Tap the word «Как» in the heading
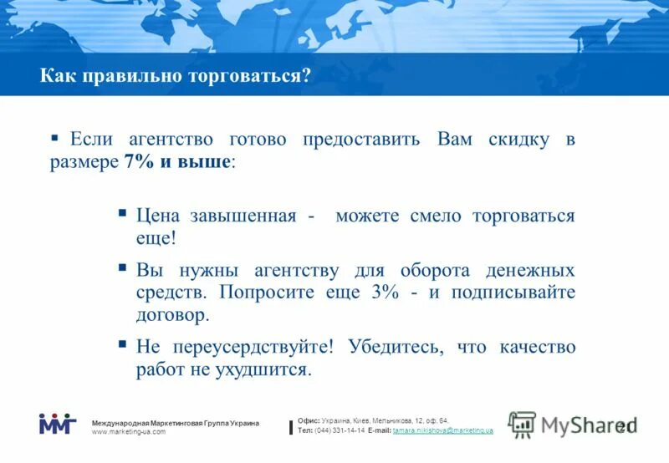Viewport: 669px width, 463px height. point(57,76)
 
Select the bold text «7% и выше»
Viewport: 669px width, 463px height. point(177,162)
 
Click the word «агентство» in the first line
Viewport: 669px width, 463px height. point(171,139)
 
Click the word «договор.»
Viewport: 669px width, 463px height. point(172,316)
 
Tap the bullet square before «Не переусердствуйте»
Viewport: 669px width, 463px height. point(122,343)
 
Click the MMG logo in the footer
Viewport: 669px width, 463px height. point(57,424)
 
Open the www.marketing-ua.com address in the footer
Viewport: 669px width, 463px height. point(129,432)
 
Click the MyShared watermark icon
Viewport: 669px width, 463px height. point(522,425)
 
